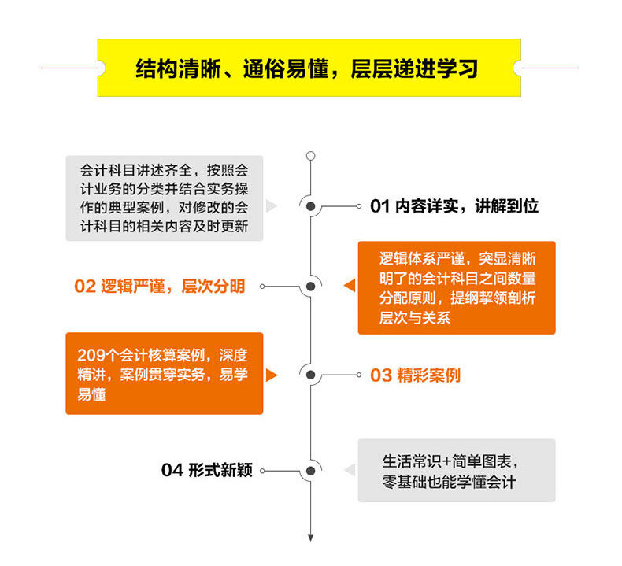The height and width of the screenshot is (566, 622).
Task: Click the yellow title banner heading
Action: click(x=307, y=68)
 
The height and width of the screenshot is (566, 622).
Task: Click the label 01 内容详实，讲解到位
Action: click(x=454, y=206)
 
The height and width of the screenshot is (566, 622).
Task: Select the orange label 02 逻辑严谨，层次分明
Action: click(x=160, y=287)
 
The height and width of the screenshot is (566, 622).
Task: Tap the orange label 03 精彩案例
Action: click(x=415, y=375)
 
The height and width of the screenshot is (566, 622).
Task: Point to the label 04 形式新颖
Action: click(x=207, y=471)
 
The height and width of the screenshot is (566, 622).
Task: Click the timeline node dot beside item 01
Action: click(x=310, y=206)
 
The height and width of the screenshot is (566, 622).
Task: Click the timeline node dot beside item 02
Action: click(x=310, y=287)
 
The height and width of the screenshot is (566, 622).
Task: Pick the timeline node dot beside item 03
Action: click(x=310, y=375)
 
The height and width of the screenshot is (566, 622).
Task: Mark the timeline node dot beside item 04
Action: click(x=310, y=471)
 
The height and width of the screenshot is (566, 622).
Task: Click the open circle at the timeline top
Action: click(x=310, y=156)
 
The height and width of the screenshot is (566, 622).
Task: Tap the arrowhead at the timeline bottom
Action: click(x=310, y=538)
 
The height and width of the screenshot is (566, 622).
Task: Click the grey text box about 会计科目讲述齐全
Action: click(x=164, y=198)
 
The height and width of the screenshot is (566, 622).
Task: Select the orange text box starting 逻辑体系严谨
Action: click(x=456, y=287)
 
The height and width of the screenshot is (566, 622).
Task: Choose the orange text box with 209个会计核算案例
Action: click(x=164, y=373)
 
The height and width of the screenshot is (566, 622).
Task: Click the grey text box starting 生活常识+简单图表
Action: click(x=456, y=471)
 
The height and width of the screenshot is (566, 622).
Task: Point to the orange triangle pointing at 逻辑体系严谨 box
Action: click(x=349, y=287)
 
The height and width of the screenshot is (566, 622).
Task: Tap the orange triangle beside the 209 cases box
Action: click(x=272, y=375)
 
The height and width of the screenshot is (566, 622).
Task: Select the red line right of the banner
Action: click(x=550, y=68)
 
